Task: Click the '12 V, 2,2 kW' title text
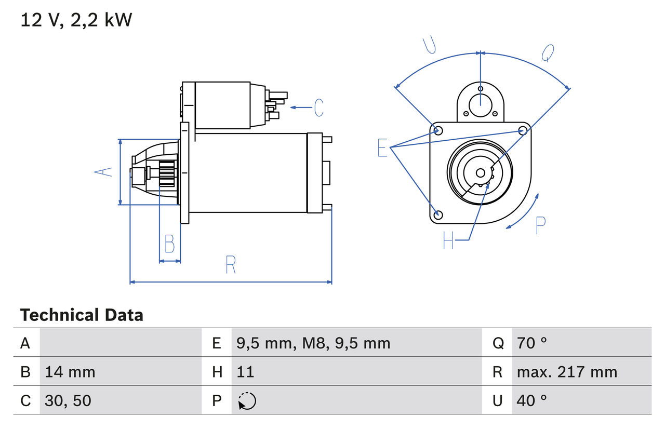coord(76,20)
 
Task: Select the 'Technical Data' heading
coord(82,315)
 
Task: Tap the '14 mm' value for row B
coord(70,372)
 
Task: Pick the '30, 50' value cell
coord(68,400)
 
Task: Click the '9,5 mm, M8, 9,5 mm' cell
coord(313,343)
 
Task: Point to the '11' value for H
coord(245,372)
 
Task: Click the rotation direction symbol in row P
coord(247,401)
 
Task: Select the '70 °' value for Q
coord(532,343)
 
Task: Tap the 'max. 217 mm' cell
coord(567,372)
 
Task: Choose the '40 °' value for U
coord(532,400)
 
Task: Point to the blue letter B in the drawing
coord(169,244)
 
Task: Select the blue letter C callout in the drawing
coord(318,108)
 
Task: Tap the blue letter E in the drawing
coord(382,148)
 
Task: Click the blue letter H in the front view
coord(448,240)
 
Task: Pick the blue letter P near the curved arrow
coord(540,225)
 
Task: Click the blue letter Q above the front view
coord(548,53)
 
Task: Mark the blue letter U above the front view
coord(429,46)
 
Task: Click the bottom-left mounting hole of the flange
coord(438,214)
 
